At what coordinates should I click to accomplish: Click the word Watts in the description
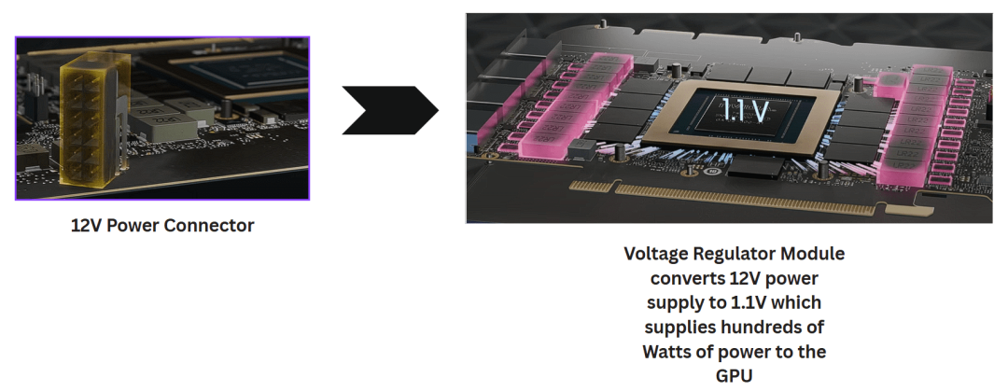[x=669, y=352]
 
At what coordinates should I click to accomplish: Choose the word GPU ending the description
[x=734, y=376]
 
